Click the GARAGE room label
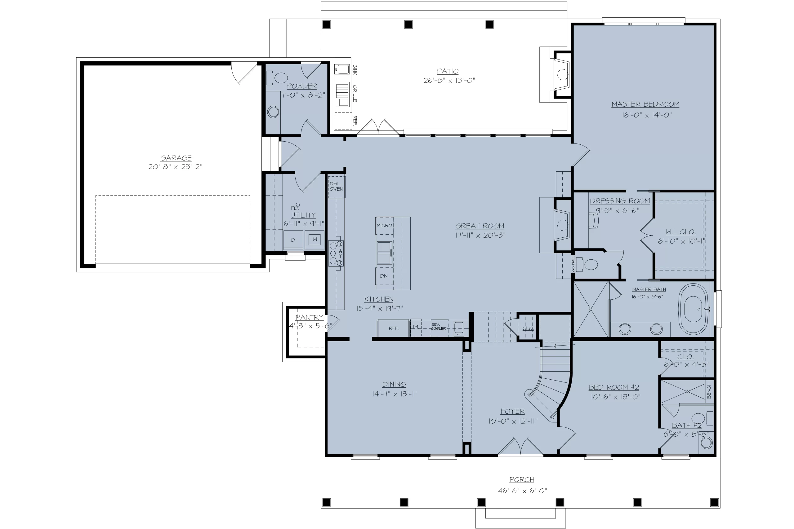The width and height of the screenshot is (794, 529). (176, 158)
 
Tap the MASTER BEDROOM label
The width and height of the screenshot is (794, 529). (645, 104)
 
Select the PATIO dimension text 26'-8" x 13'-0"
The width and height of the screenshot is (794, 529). (449, 80)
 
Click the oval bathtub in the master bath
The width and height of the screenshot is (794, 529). (694, 309)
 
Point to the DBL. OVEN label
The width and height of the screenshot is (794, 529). (336, 186)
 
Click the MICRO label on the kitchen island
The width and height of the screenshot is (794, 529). (384, 225)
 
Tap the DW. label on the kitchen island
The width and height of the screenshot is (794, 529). (384, 276)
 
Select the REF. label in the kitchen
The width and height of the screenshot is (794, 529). (394, 328)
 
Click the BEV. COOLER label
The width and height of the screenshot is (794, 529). (438, 326)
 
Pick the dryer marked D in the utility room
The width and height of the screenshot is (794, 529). (293, 240)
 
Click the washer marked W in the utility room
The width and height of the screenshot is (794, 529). (314, 240)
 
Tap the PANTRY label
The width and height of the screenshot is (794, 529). (309, 317)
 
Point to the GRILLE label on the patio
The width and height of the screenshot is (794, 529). (355, 94)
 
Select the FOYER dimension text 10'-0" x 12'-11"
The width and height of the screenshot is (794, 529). (513, 421)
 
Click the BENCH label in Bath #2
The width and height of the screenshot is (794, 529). (709, 391)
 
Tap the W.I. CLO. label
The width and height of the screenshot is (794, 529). (680, 232)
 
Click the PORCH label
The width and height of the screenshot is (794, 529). (522, 479)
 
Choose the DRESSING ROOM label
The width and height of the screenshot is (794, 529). (620, 201)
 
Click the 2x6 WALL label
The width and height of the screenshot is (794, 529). (573, 264)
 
